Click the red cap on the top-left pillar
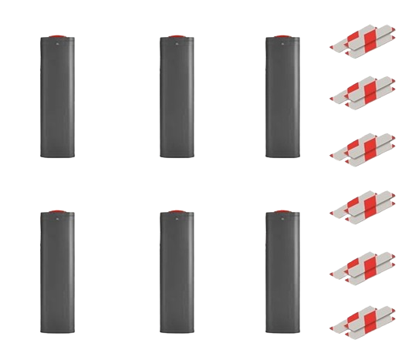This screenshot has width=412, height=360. pos(59,36)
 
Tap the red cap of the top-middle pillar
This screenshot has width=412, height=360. pos(177,36)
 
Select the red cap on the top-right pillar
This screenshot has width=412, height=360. pos(282,36)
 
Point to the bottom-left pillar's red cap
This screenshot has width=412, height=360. pos(59,210)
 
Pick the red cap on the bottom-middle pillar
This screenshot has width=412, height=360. pos(177,210)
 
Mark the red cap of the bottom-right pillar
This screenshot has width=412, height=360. pos(282,210)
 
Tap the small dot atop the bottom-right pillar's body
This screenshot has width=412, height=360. pos(282,218)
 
